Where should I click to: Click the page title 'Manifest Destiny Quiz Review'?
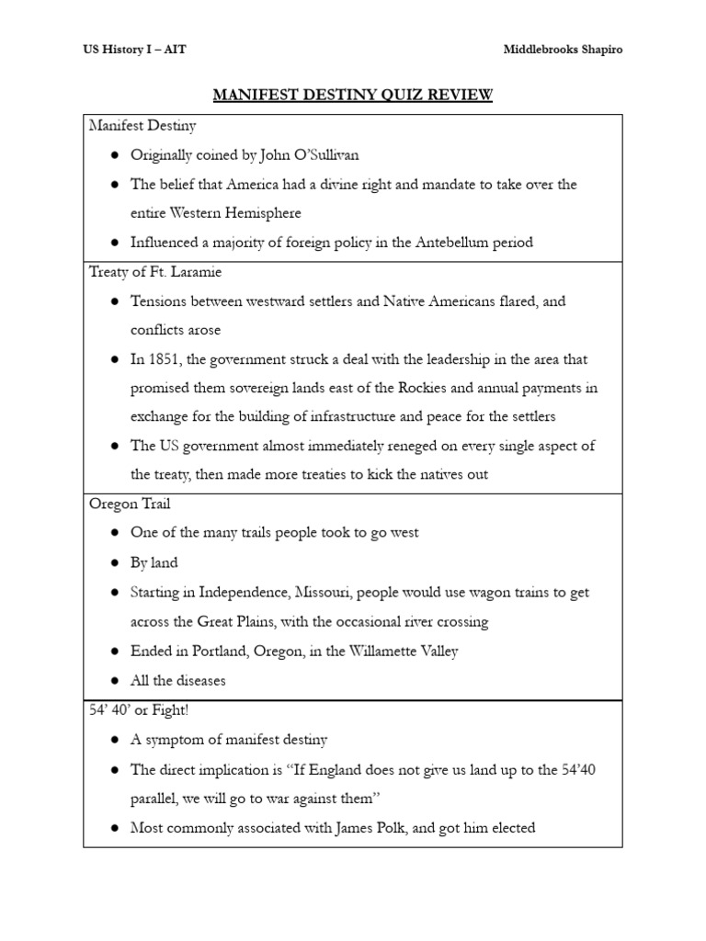pos(353,96)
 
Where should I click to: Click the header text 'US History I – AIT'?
pos(134,50)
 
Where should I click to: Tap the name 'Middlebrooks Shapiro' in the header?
pos(563,50)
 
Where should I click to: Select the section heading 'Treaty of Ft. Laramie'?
pos(154,272)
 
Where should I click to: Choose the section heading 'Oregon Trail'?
pos(130,504)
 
